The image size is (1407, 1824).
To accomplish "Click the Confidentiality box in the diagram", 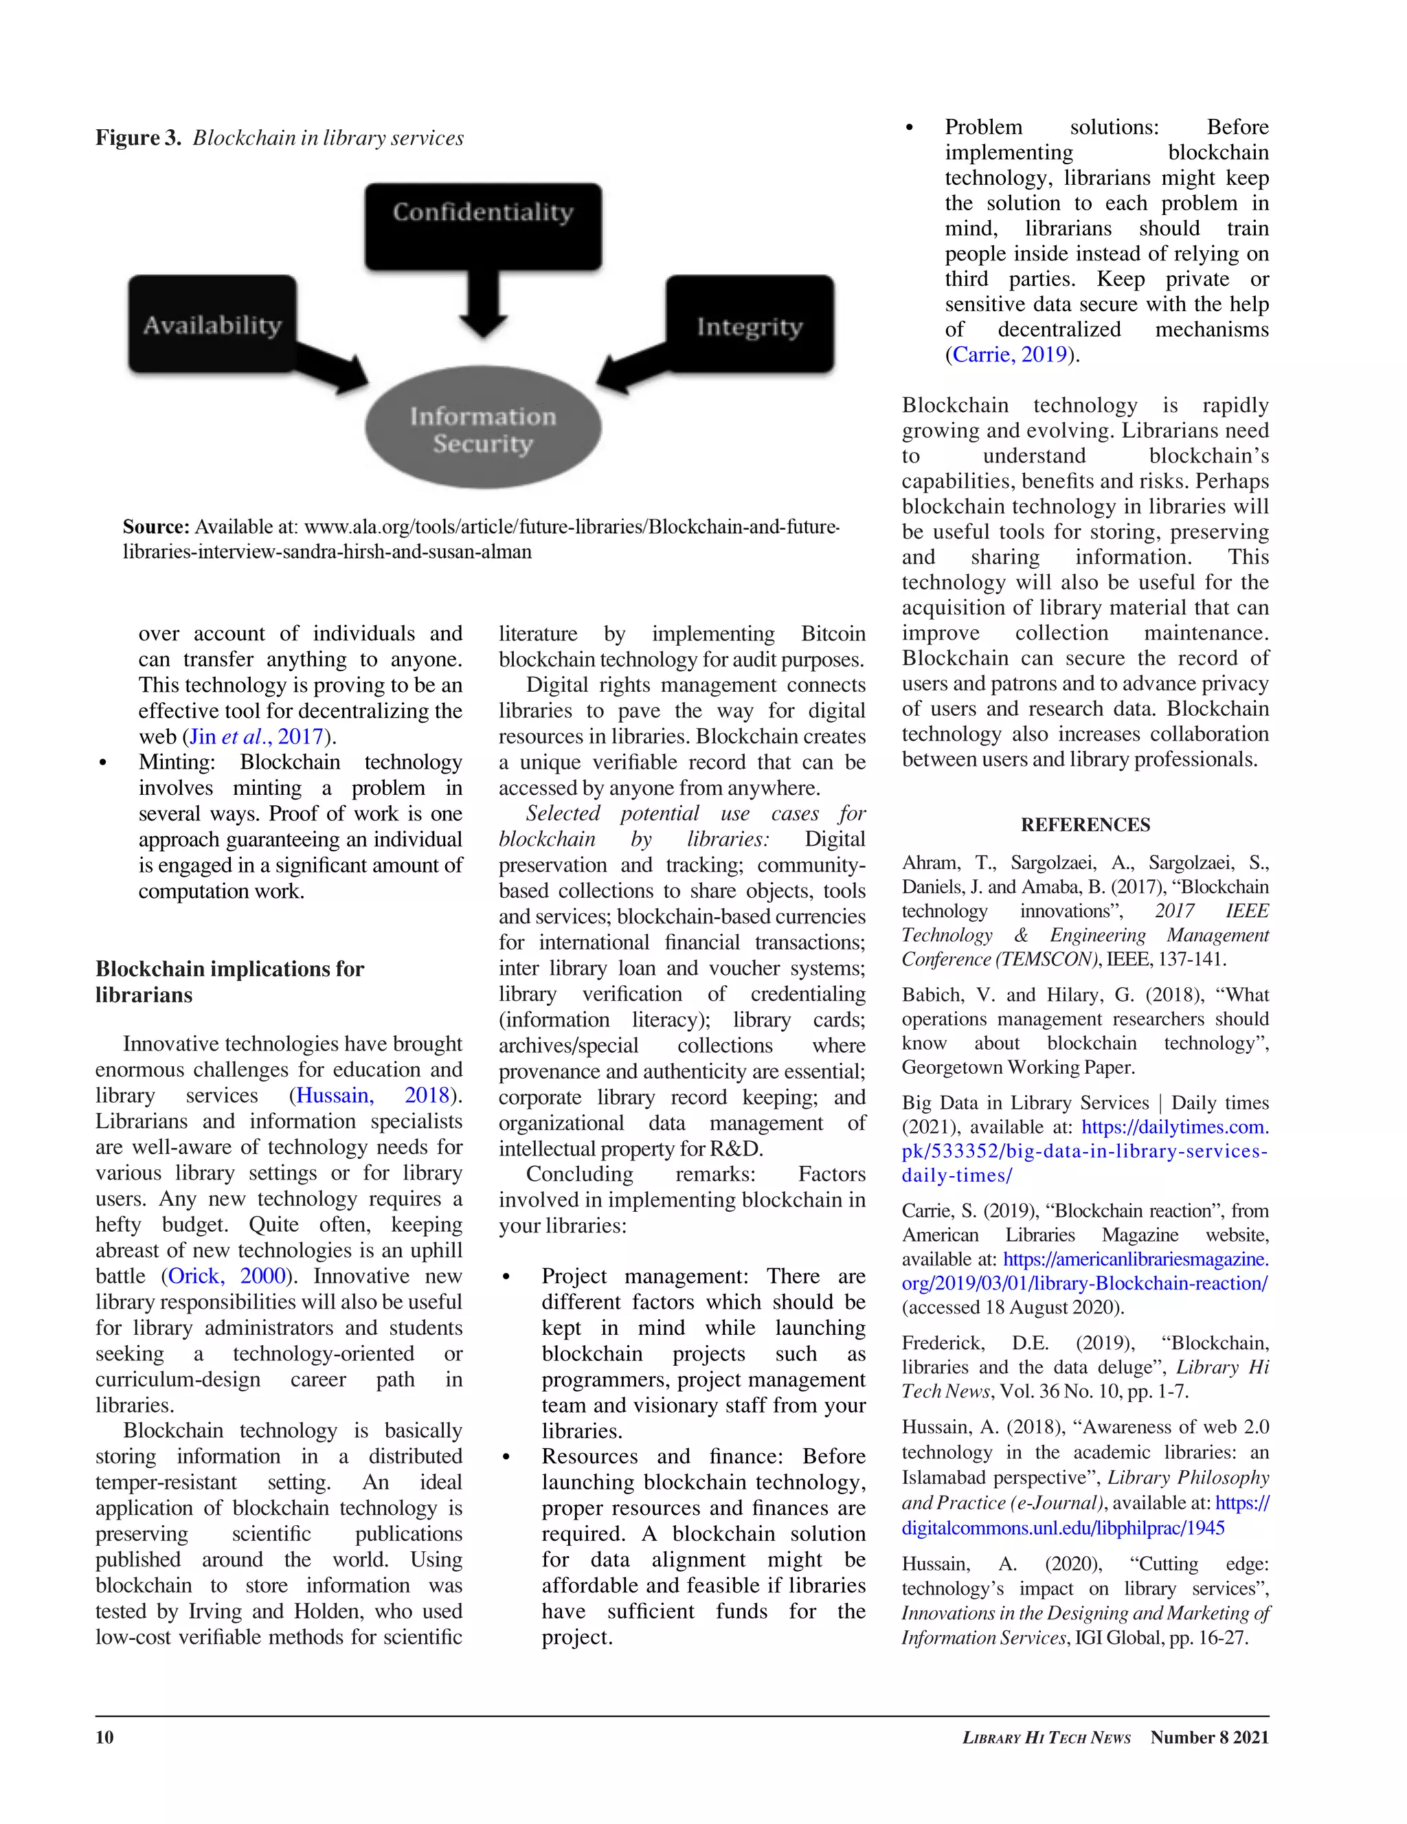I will pos(483,226).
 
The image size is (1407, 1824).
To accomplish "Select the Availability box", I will pos(212,324).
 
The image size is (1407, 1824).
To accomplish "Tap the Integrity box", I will pos(749,325).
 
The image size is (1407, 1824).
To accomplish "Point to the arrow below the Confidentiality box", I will pos(483,305).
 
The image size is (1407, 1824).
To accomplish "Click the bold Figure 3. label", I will pos(138,138).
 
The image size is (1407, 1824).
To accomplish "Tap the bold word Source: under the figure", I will pos(156,527).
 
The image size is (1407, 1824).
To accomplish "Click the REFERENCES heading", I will pos(1085,825).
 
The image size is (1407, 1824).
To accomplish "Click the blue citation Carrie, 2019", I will pos(1009,355).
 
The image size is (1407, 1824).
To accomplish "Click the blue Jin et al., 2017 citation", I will pos(256,736).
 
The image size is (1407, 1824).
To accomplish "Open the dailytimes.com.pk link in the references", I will pos(1085,1151).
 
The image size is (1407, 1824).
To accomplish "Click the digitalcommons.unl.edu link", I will pos(1062,1529).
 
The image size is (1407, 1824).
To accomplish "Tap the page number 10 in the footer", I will pos(104,1737).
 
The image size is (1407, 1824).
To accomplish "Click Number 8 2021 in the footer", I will pos(1209,1737).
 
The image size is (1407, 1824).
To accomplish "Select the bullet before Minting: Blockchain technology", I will pos(102,763).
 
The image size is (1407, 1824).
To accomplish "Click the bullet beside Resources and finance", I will pos(506,1456).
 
